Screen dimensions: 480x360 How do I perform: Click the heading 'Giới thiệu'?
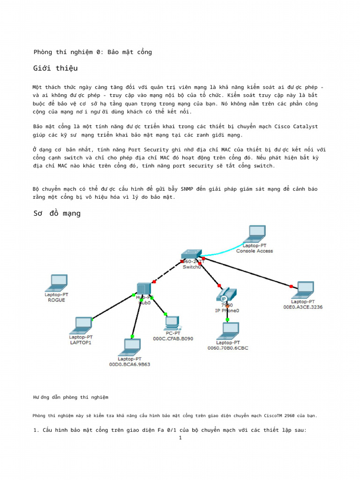tap(55, 68)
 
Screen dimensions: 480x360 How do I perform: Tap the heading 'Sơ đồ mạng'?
tap(57, 214)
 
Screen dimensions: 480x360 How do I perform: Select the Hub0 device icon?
tap(143, 290)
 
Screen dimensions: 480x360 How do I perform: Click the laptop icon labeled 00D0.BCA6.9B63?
tap(129, 347)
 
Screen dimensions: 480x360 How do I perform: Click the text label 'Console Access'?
tap(255, 251)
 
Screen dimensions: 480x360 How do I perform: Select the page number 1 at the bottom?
tap(180, 438)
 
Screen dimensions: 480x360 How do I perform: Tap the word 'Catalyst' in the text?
tap(305, 127)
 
